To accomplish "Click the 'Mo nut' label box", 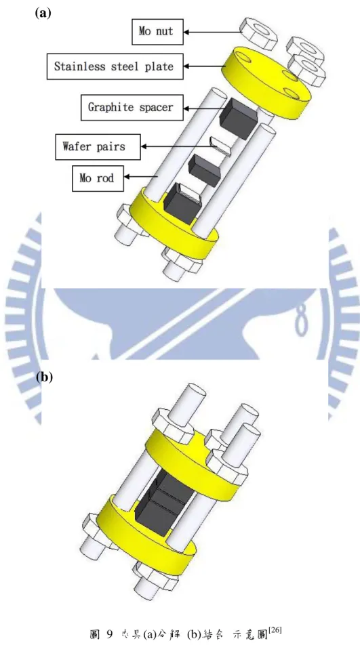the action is point(157,31).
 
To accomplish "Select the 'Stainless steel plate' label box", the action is point(115,66).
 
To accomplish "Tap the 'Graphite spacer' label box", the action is point(132,107).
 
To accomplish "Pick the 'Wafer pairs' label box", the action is point(98,146).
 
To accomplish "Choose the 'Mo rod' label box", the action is point(98,178).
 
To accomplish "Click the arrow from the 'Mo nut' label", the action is point(212,31).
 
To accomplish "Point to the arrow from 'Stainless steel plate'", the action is point(205,66).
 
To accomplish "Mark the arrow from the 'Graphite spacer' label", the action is point(201,108).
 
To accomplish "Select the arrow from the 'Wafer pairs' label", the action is point(176,146).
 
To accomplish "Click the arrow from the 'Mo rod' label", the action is point(140,177).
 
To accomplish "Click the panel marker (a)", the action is point(43,13).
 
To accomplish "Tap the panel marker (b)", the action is point(45,377).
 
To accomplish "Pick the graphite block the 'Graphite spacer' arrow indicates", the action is point(238,118).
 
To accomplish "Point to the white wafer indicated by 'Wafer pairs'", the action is point(220,146).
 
